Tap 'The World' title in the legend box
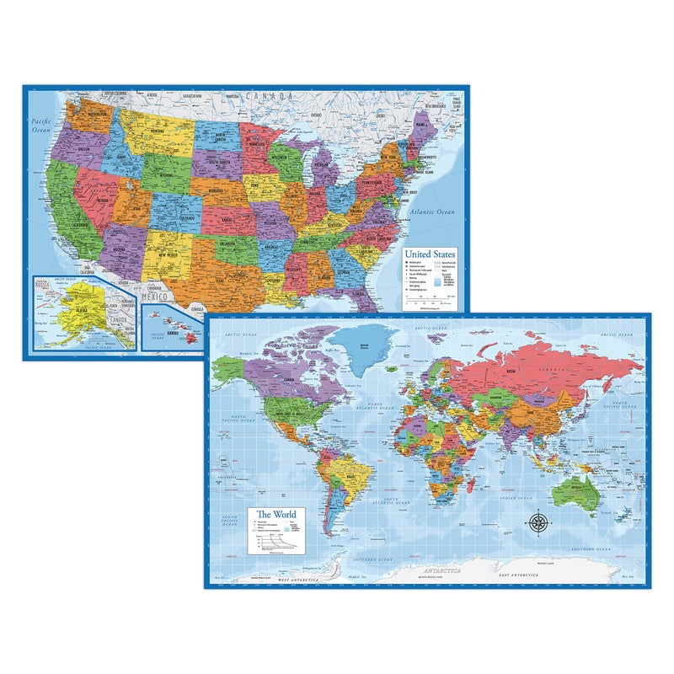[x=276, y=514]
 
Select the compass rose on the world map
[x=538, y=522]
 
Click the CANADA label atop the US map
[x=270, y=96]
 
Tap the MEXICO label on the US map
[x=158, y=297]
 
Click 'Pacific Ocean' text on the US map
[x=40, y=127]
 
